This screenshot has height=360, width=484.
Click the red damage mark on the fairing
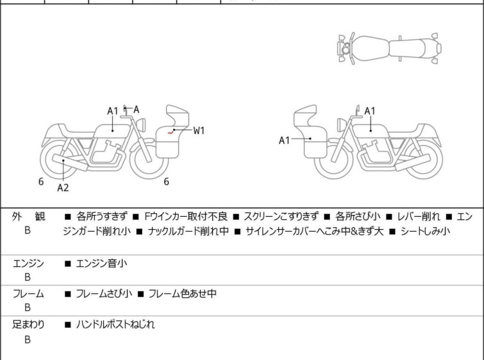[172, 131]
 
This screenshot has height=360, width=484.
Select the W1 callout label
[199, 130]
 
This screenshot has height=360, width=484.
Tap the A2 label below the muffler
[63, 188]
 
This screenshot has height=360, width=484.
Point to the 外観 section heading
[29, 217]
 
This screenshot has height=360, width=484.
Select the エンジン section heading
[29, 263]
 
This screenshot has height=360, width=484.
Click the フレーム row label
[29, 294]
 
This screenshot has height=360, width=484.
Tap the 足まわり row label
[29, 325]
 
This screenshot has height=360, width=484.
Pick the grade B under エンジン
[28, 277]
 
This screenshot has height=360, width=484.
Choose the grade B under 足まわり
[28, 339]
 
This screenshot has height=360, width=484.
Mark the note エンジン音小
[102, 263]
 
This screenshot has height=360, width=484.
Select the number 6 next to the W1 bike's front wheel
[166, 182]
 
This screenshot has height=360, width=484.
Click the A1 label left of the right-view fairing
[285, 140]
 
